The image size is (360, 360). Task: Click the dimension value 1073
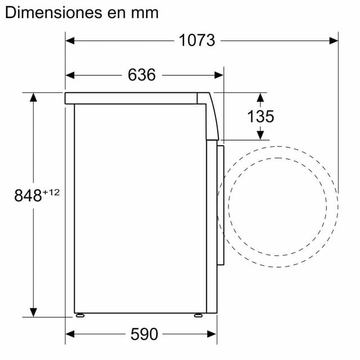pos(197,40)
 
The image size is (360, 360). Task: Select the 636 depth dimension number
pos(142,75)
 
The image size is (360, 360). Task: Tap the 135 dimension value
pos(260,116)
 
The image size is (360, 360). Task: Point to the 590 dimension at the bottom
pos(144,334)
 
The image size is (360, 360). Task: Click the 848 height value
pos(28,196)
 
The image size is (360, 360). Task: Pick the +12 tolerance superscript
pos(51,192)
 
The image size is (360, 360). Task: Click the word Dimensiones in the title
pos(54,12)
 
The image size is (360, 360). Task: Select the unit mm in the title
pos(145,13)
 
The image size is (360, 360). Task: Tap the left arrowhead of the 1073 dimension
pos(70,41)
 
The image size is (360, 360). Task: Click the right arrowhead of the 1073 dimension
pos(334,41)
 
